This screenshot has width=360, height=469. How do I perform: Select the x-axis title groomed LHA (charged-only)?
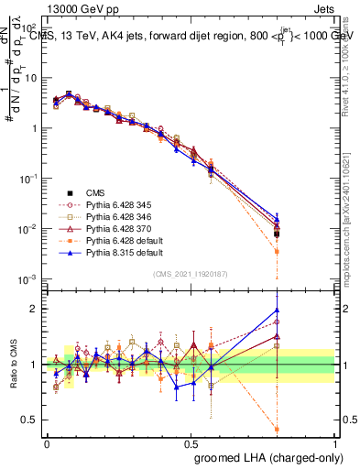point(265,455)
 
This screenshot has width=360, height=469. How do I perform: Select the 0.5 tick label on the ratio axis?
point(28,420)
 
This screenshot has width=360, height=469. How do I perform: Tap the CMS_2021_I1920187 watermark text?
point(191,273)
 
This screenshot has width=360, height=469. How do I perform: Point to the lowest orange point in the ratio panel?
point(277,428)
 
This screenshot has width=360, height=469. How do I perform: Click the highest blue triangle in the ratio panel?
point(277,310)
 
